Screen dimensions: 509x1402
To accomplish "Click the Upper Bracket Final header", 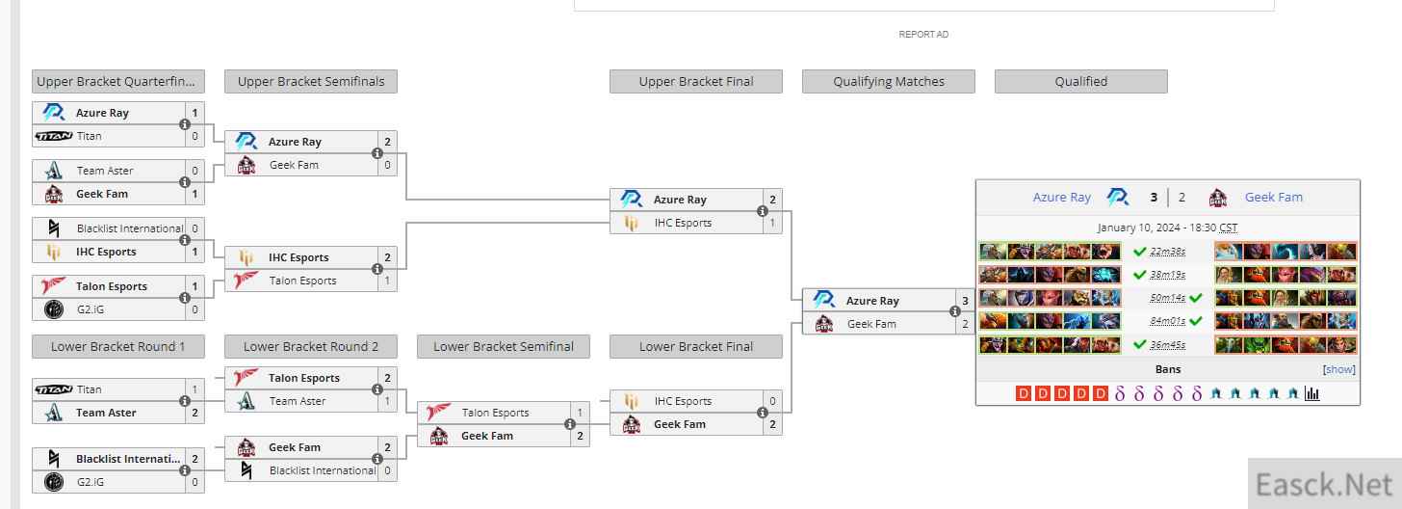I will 695,82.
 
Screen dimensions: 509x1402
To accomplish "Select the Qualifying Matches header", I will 888,82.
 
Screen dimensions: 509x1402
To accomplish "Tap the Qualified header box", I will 1080,82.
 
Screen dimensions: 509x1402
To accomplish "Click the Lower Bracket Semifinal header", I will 503,347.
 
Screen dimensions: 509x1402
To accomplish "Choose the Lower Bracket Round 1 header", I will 117,347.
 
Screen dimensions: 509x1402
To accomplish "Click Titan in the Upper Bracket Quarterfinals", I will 90,136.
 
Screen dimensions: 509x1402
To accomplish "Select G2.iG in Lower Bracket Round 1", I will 90,482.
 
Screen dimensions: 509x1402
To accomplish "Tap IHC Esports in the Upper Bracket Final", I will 683,223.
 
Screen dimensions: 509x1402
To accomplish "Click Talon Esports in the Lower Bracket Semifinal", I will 495,413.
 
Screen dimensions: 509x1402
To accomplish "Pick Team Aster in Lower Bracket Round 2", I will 298,401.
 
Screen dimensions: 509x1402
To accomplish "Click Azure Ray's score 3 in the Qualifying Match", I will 965,301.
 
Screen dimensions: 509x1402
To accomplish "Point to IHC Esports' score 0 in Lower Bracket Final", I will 772,401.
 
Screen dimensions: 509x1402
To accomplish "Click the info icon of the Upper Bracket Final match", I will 763,211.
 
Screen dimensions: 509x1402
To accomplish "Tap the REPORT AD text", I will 923,35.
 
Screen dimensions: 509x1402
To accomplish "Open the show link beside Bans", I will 1339,369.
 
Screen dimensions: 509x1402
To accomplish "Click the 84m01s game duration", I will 1167,321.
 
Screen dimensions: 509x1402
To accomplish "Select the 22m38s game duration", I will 1167,252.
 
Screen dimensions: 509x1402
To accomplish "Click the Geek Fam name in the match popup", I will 1273,198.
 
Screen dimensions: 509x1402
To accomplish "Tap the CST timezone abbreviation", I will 1228,228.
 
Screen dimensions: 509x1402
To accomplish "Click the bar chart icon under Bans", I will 1311,393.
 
